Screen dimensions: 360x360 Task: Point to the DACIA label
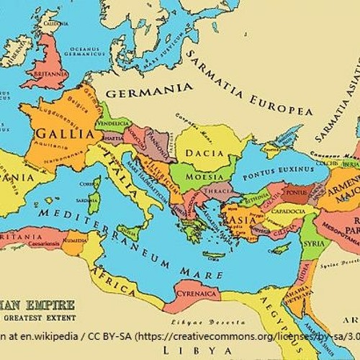pyautogui.click(x=202, y=153)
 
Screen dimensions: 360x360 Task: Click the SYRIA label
pyautogui.click(x=313, y=243)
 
